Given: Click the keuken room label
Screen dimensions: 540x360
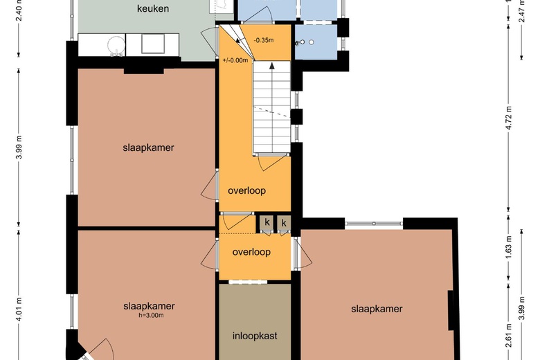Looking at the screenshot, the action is click(153, 8).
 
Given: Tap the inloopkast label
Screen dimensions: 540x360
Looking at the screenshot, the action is click(255, 336).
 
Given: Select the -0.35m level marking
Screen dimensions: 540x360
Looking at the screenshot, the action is click(264, 40).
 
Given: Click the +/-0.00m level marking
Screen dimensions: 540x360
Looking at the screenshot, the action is click(235, 60).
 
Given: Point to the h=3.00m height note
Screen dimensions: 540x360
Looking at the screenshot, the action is click(149, 315).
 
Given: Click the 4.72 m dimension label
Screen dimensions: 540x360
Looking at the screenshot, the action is click(510, 118).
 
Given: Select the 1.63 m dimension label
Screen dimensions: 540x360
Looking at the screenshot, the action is click(510, 247).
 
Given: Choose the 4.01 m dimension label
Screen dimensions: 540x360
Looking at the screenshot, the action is click(19, 309).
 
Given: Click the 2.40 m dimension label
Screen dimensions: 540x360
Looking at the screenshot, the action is click(19, 10).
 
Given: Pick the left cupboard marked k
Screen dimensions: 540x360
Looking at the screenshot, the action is click(267, 222).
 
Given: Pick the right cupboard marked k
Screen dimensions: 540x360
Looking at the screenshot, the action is click(284, 223).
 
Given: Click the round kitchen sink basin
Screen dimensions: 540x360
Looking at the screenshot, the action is click(116, 45).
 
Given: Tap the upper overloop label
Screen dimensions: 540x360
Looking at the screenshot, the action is click(247, 190).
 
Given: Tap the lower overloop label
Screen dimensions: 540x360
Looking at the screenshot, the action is click(251, 252).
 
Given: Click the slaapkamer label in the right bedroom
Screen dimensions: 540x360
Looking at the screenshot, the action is click(377, 309).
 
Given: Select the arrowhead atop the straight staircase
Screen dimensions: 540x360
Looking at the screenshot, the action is click(272, 66).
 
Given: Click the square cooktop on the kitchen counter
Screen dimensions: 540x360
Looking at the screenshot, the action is click(153, 44).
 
